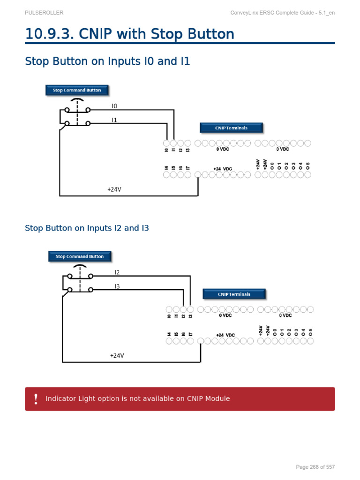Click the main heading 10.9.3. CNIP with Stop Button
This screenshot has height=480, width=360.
(x=129, y=34)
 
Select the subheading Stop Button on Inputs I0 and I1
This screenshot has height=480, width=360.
(x=107, y=61)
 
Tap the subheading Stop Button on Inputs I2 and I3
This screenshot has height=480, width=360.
(x=87, y=228)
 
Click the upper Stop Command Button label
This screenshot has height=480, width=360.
(x=77, y=90)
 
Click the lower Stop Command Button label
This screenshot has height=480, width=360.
(x=80, y=256)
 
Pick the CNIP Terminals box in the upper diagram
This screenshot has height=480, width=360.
(x=231, y=128)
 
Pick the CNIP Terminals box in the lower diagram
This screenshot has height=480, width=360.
(x=234, y=294)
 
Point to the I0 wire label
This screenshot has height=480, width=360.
(x=114, y=106)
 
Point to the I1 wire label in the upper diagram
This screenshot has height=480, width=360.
(x=114, y=120)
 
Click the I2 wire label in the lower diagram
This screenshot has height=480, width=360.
(x=117, y=272)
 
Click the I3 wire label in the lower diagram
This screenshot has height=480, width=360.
(x=117, y=286)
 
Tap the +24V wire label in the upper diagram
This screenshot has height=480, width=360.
(x=114, y=189)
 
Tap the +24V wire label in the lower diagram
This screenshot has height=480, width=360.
(x=117, y=356)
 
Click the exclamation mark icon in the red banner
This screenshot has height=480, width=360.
(x=36, y=399)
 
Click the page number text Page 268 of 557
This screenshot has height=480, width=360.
(x=315, y=467)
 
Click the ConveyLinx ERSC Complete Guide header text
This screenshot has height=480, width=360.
(x=283, y=13)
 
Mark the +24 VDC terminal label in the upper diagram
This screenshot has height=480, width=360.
(x=223, y=169)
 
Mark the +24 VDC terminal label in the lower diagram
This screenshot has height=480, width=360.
(x=225, y=335)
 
